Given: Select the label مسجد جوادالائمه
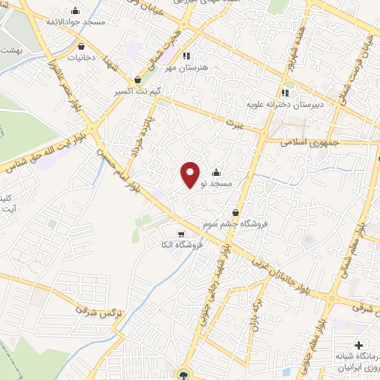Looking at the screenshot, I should point(76,22).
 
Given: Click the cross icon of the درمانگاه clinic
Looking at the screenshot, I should point(358,345).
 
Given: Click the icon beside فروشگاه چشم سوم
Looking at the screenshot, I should point(235,212).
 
